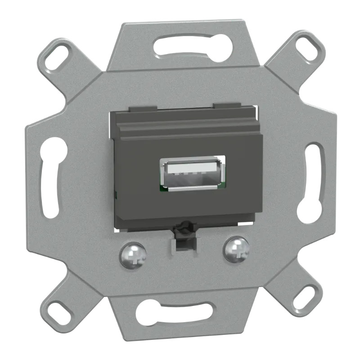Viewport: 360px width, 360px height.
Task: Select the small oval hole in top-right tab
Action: point(310,46)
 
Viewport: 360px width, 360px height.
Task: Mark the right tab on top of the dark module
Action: point(226,106)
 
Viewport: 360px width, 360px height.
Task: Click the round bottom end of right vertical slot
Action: point(309,209)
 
